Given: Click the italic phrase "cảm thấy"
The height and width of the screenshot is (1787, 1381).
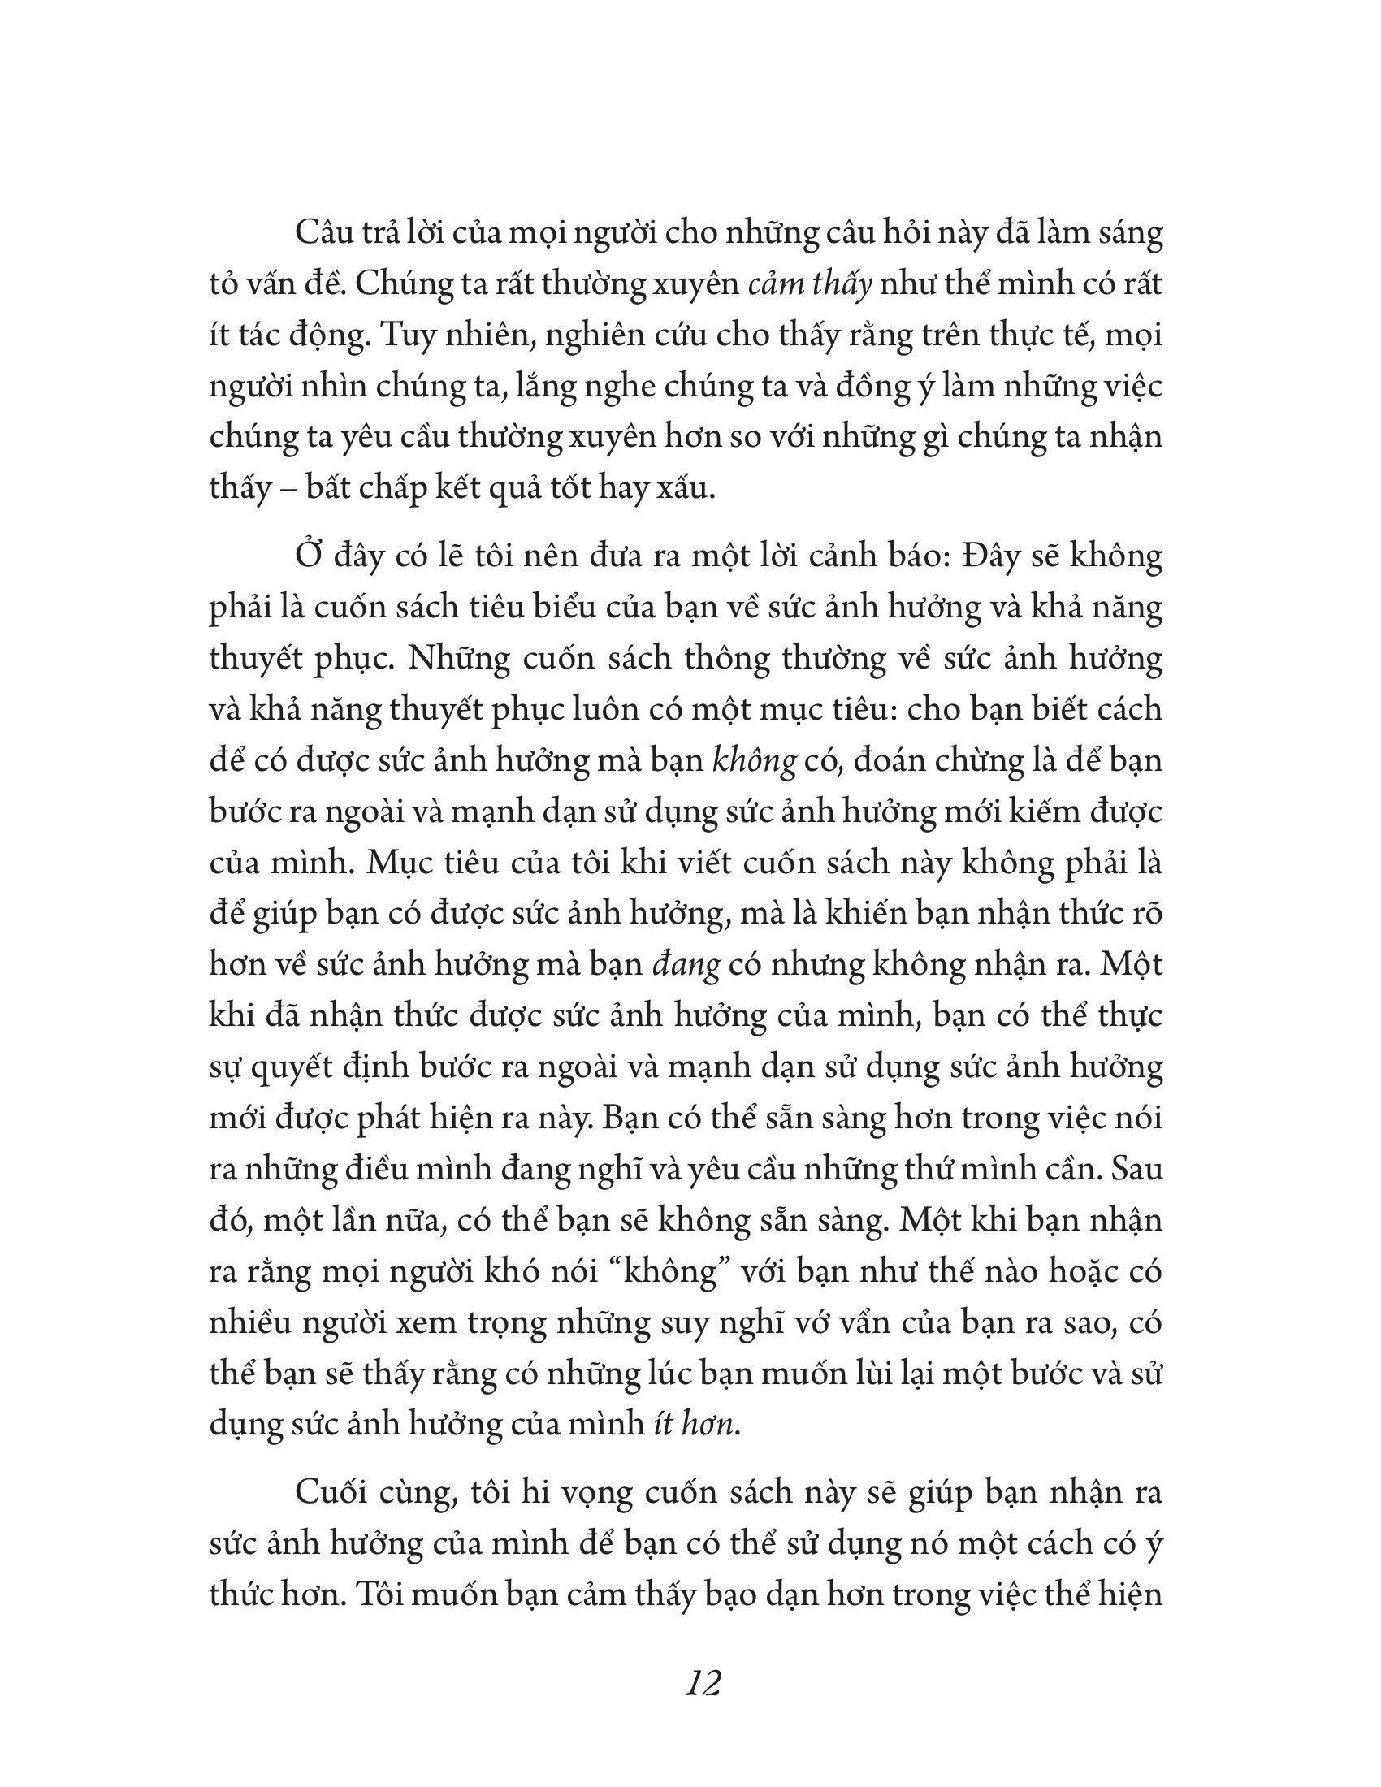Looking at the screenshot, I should point(811,284).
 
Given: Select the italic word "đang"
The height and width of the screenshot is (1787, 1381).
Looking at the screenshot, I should point(686,965).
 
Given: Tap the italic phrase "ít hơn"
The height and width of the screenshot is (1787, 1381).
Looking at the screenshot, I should point(696,1425).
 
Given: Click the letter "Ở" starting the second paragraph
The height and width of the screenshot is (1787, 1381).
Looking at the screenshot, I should point(309,556).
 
